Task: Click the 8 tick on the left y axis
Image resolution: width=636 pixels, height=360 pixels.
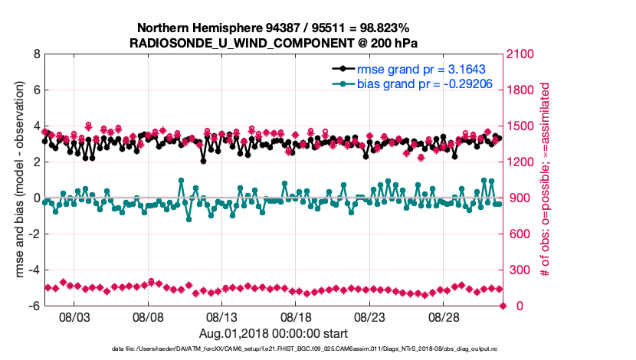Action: click(35, 54)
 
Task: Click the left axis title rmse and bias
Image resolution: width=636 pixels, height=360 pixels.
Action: click(17, 180)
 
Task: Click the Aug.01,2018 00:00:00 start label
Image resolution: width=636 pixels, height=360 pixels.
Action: click(274, 333)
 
